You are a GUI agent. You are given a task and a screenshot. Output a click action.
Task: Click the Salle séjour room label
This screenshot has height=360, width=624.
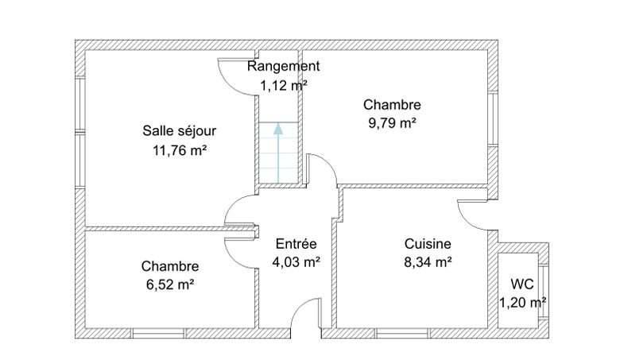coord(180,131)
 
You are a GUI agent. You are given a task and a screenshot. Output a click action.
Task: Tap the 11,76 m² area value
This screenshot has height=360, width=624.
coord(180,151)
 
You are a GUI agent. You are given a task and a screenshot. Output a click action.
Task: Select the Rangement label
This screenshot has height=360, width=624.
coord(283,66)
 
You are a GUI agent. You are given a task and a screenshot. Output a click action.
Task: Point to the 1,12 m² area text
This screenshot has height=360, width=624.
coord(284,85)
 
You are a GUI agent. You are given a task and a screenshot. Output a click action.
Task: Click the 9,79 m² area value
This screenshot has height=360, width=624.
coord(393,123)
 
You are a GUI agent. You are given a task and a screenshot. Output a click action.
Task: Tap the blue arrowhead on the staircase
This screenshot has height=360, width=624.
coord(278,129)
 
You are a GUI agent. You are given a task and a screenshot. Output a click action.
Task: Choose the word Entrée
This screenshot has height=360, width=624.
coord(296,243)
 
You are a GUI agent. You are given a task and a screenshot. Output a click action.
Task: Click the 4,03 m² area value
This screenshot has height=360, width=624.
coord(296,262)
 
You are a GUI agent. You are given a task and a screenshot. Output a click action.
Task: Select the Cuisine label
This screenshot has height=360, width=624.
coord(428,243)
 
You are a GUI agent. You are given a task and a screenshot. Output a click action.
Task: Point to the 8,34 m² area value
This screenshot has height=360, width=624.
coord(428,262)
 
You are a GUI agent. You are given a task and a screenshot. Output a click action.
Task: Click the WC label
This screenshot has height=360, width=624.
coord(522,284)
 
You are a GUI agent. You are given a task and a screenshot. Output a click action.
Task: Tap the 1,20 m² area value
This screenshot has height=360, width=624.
coord(522,303)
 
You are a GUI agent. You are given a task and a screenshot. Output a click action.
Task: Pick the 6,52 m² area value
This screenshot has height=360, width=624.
coord(170,285)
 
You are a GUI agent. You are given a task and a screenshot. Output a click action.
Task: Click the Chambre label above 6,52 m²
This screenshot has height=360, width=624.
coord(170,266)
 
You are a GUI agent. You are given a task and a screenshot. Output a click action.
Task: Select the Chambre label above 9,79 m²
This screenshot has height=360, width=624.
coord(392,105)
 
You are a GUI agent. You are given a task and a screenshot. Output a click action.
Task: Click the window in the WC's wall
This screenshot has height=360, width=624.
coord(544,291)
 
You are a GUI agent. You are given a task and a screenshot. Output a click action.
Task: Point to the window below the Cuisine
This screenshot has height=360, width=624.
coord(402,333)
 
